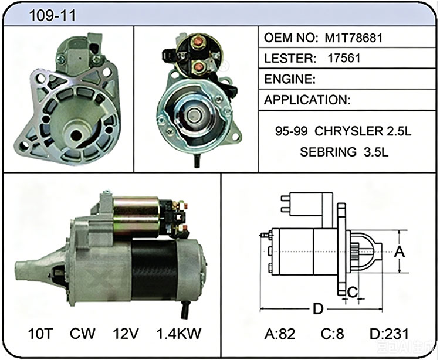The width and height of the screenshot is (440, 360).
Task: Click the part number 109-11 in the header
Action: (x=52, y=15)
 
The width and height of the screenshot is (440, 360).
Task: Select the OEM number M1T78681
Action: (x=354, y=38)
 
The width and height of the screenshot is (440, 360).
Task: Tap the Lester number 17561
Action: (x=344, y=58)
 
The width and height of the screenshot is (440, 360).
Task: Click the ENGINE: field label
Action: (x=290, y=79)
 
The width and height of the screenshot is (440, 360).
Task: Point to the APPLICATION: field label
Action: (x=307, y=100)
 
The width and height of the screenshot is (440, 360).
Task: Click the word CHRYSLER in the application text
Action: (x=348, y=131)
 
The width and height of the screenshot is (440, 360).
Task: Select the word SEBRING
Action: (x=328, y=152)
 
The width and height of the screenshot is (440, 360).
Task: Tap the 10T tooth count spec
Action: (x=40, y=334)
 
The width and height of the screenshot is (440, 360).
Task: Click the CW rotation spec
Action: (x=83, y=334)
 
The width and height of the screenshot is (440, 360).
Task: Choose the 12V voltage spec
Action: (x=126, y=334)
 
